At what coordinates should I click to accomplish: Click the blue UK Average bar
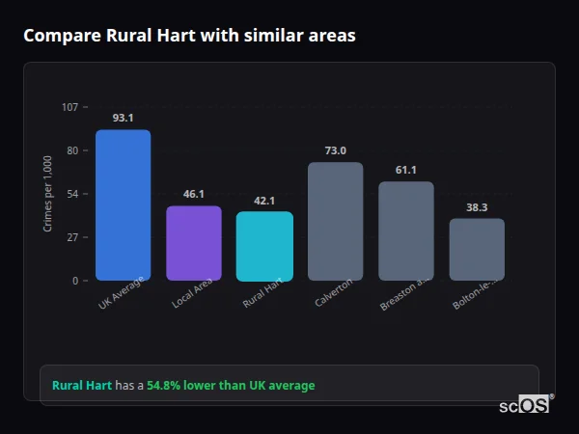123,204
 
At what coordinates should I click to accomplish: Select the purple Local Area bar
193,243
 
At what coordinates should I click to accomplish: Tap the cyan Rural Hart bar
264,246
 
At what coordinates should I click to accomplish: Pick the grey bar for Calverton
335,221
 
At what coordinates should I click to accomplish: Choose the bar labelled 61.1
405,231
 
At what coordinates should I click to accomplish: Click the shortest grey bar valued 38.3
477,249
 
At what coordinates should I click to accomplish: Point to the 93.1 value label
123,118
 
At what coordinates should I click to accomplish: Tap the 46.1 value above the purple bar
193,194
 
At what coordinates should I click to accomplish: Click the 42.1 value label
264,201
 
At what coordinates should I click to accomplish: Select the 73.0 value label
335,150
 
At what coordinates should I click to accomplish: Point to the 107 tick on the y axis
69,107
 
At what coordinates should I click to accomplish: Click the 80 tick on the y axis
71,150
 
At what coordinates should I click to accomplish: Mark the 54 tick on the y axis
71,194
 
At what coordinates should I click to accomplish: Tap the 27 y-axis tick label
71,237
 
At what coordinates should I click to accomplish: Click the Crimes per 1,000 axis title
48,194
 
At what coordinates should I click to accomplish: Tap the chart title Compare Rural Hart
189,36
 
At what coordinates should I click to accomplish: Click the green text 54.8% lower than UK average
231,385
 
